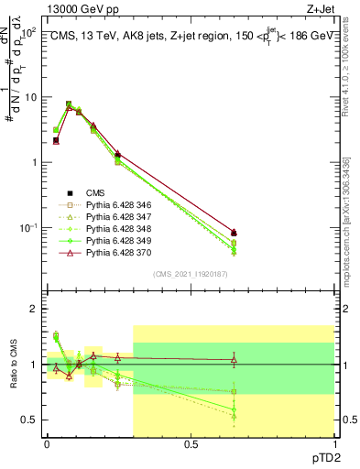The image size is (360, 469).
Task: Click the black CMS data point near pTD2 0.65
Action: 234,233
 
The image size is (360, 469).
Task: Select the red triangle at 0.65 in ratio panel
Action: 234,360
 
